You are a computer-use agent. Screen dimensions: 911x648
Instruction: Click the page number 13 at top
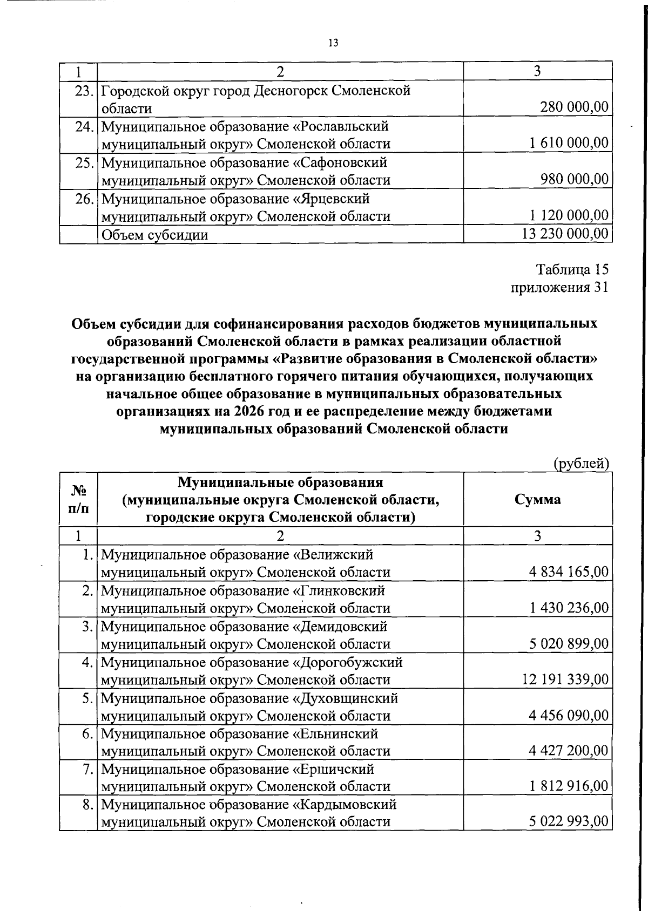point(333,43)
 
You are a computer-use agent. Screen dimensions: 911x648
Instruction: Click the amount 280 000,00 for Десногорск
point(575,107)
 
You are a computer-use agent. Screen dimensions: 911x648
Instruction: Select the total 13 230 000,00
point(565,234)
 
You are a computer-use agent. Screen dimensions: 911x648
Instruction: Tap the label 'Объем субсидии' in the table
point(154,235)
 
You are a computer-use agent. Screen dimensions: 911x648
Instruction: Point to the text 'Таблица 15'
point(572,269)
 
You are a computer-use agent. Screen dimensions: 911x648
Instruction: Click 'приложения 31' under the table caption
point(559,287)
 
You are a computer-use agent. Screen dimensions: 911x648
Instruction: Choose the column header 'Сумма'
point(537,499)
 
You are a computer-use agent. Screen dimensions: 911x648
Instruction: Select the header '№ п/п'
point(78,499)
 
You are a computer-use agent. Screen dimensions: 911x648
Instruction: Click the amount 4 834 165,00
point(569,572)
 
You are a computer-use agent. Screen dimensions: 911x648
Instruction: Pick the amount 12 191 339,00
point(565,679)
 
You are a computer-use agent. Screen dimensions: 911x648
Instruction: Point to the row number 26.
point(85,199)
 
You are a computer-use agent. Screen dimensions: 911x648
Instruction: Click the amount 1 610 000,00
point(569,144)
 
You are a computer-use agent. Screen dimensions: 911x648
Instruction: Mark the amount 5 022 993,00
point(569,822)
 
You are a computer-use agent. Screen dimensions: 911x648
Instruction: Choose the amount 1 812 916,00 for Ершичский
point(569,786)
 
